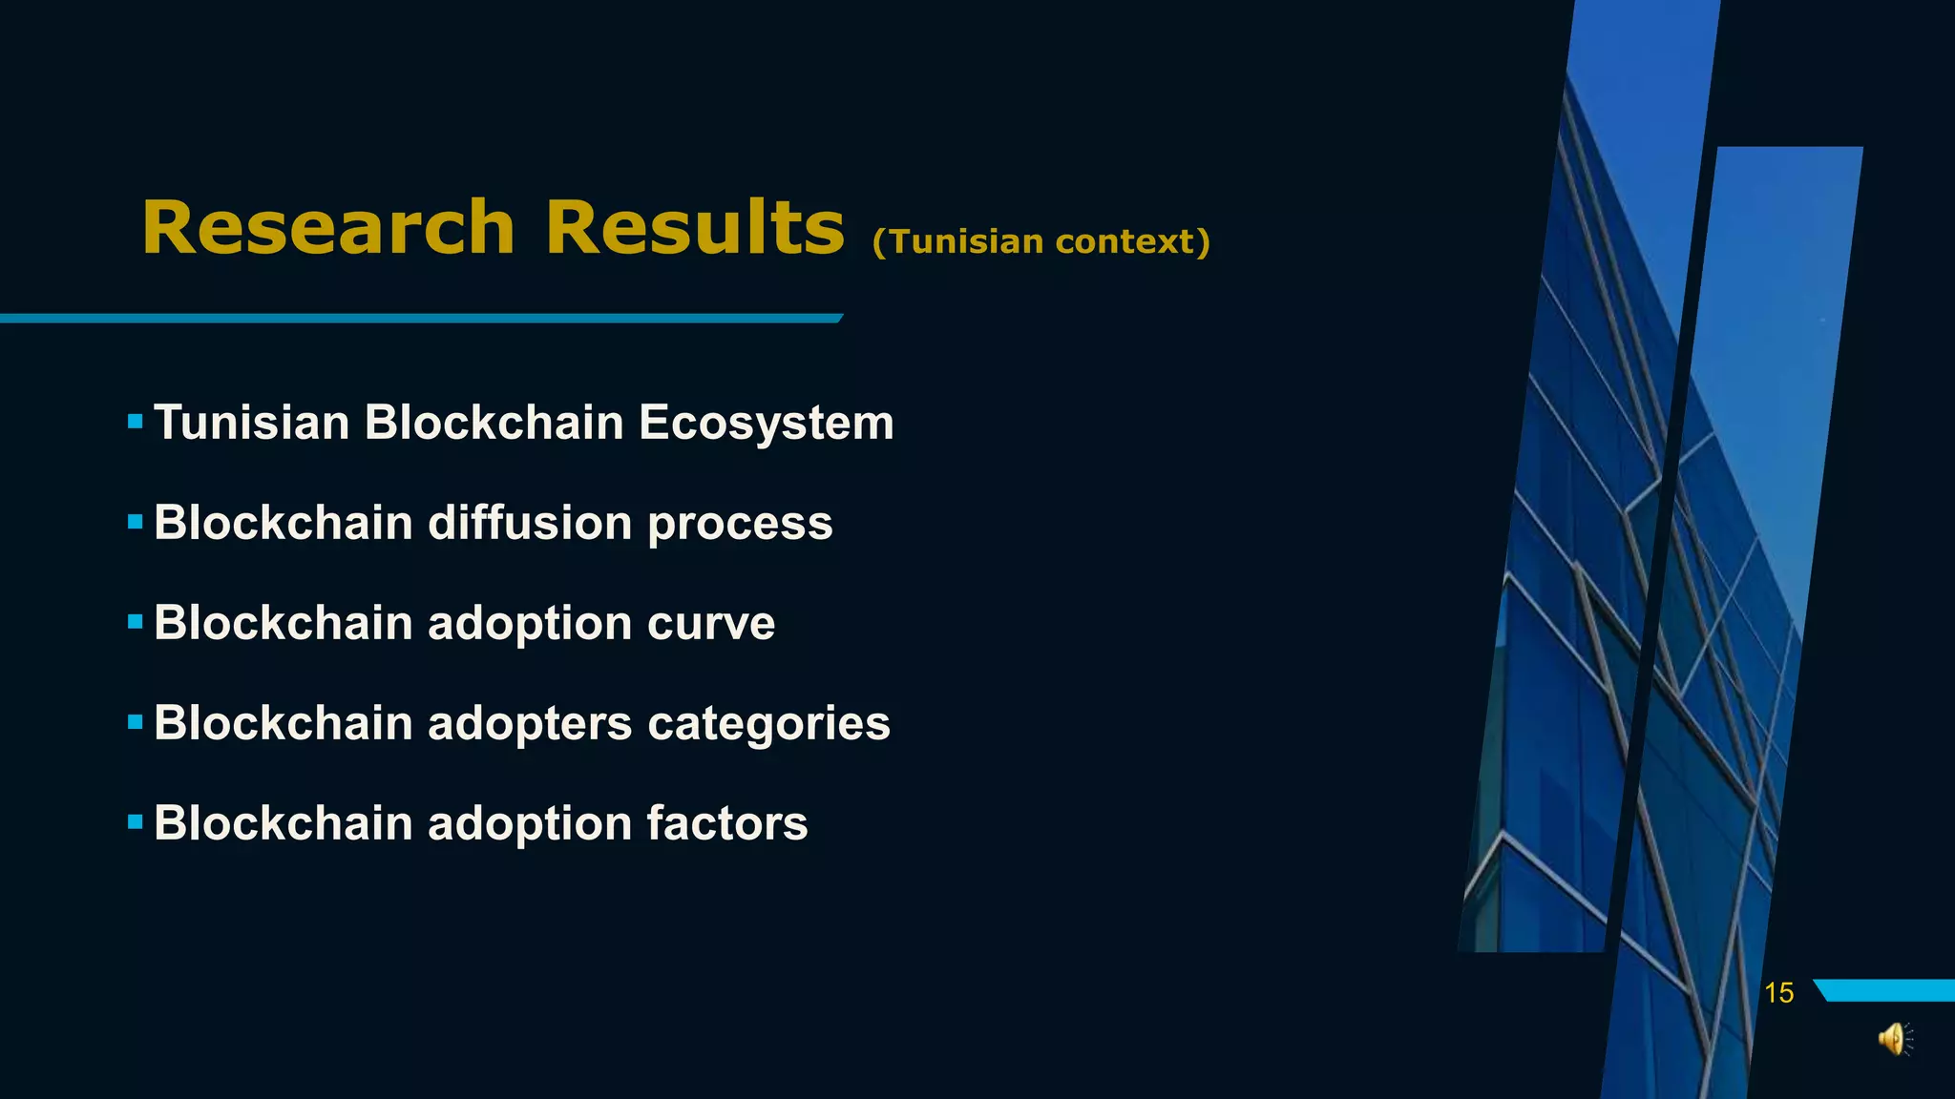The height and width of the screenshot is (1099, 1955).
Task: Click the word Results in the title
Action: (694, 229)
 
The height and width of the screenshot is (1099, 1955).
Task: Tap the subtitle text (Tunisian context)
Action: (1041, 241)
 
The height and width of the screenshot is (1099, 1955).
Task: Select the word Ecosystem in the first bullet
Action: (766, 423)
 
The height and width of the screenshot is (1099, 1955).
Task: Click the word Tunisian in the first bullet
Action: (252, 423)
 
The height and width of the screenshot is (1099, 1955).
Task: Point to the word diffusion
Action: (530, 523)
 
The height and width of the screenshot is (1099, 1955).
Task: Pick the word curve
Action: (711, 624)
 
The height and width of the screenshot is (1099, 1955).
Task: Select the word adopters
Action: (530, 724)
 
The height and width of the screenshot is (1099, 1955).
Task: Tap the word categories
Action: (768, 724)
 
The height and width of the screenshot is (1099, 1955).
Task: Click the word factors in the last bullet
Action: (727, 823)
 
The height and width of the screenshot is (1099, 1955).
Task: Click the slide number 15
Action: (1778, 993)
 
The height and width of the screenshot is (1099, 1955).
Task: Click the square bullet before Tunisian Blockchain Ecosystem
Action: (135, 421)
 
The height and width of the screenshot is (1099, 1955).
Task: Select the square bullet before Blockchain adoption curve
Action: (135, 622)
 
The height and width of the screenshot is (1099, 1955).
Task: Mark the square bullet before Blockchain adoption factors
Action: (135, 821)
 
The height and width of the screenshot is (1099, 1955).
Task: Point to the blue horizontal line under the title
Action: (420, 318)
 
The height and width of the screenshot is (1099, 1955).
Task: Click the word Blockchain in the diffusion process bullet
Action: (283, 523)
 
